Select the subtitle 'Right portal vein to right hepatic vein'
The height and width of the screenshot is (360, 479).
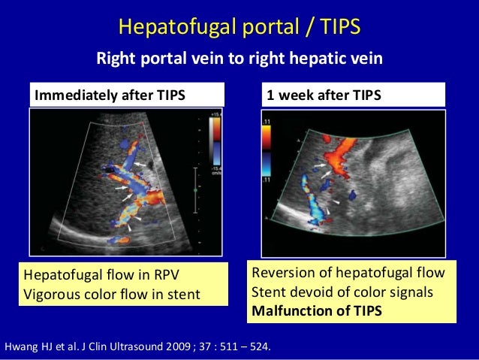point(239,59)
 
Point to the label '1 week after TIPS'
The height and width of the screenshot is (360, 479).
point(325,95)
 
